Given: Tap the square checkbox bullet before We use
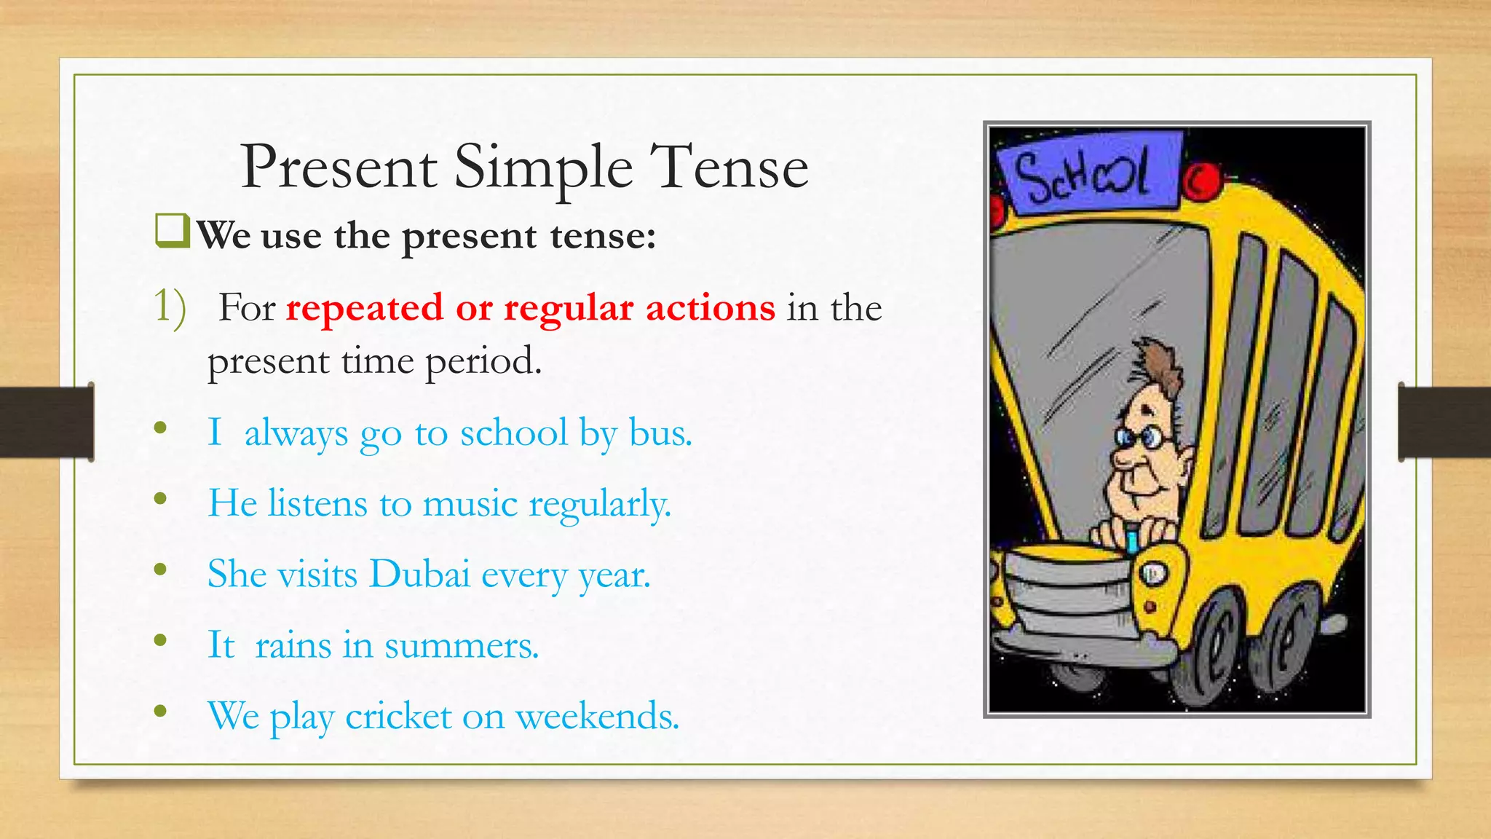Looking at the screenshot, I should point(172,231).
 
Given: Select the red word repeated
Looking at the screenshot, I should point(364,308).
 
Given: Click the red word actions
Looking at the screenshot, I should point(710,308).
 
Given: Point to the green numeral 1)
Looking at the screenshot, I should point(169,307).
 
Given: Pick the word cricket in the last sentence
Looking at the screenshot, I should point(398,717).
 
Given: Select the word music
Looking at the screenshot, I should point(470,504).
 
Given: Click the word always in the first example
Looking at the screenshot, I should point(296,433).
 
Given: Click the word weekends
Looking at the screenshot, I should point(597,717).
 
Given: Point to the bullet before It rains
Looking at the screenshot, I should point(161,641).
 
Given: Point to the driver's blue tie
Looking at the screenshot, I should point(1132,540).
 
